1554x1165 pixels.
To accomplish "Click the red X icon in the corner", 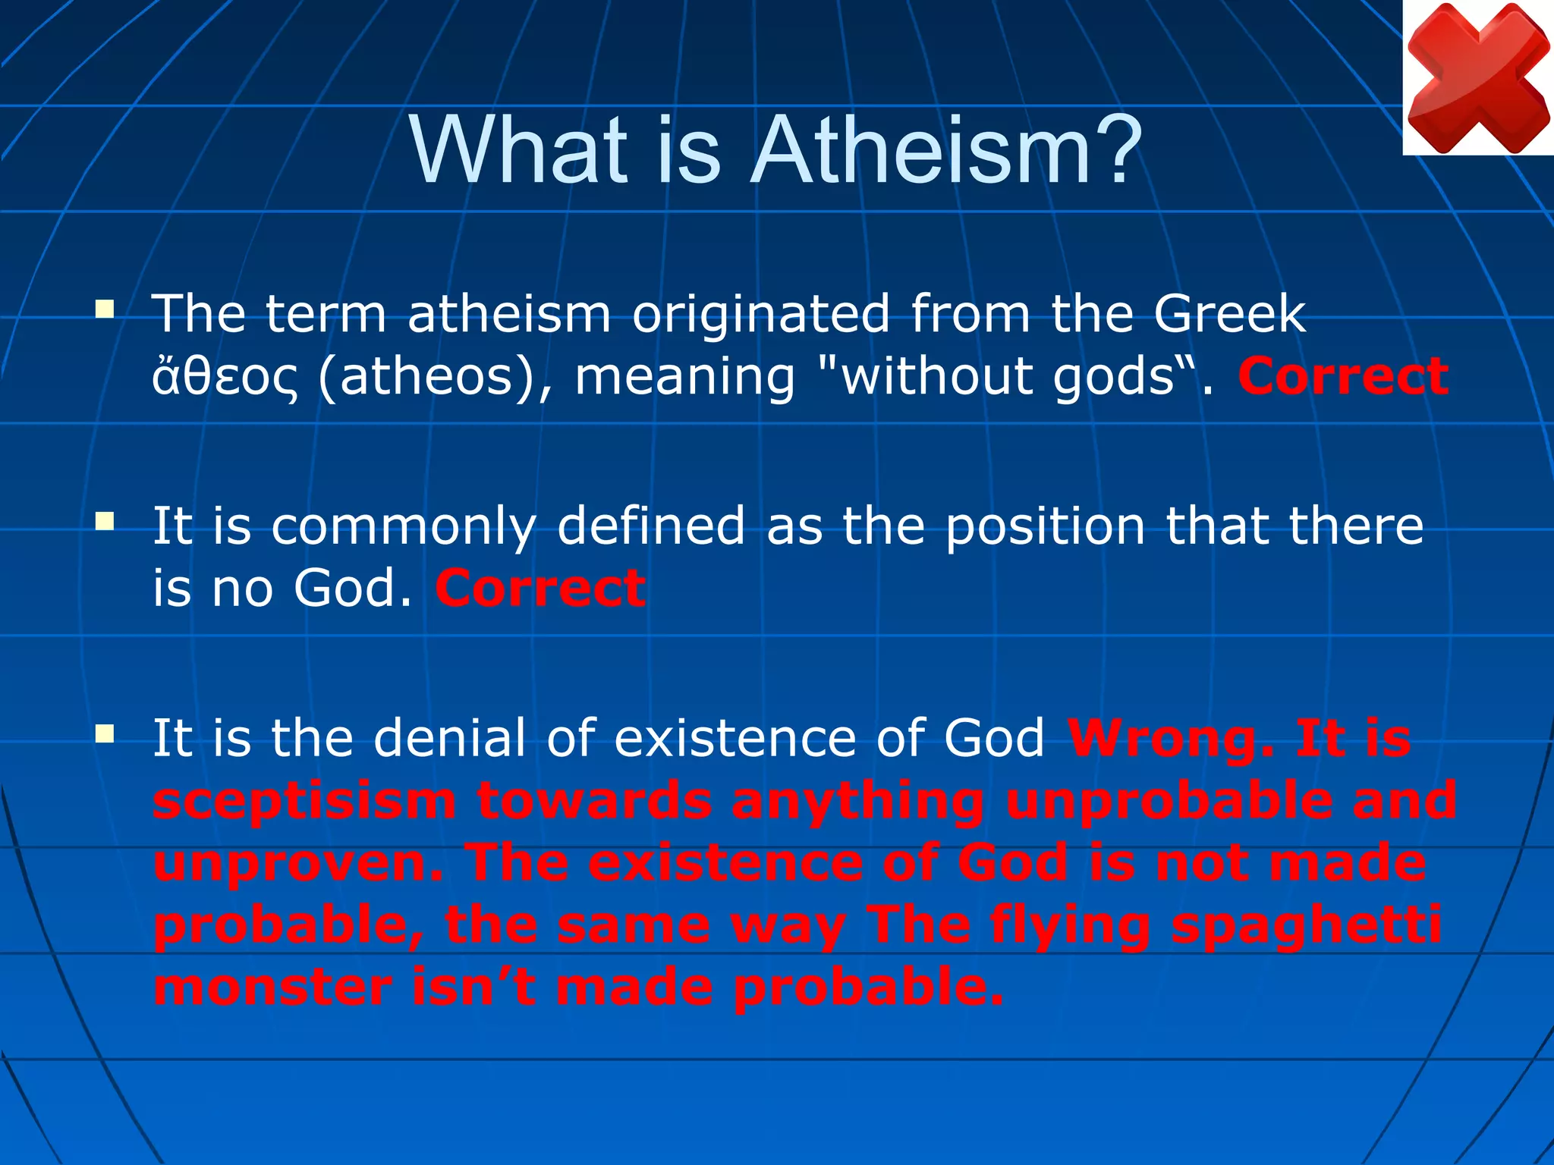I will click(1477, 77).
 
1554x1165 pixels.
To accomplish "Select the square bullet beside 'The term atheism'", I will click(105, 309).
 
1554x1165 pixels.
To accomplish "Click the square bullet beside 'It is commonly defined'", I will click(105, 521).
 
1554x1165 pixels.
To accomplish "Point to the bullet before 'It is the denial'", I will click(105, 733).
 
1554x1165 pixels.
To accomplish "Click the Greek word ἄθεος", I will click(225, 377).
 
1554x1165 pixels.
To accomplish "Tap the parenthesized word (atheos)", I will click(435, 377).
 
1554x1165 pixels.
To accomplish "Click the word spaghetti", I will click(1306, 925).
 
